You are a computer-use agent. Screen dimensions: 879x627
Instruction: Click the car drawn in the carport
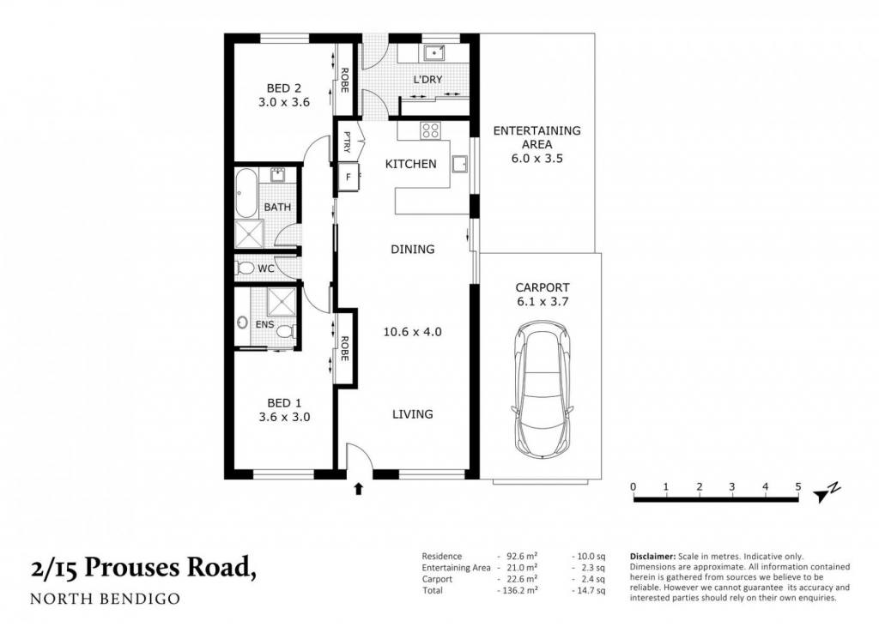[543, 390]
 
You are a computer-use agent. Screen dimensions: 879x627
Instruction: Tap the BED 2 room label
[283, 88]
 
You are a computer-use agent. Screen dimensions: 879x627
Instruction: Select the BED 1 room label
[284, 403]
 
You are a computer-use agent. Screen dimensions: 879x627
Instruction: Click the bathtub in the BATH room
[246, 194]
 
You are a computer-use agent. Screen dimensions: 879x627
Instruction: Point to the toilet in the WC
[246, 269]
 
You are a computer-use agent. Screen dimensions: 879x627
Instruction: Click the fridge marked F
[349, 177]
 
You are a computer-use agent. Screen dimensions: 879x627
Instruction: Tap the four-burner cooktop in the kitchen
[431, 130]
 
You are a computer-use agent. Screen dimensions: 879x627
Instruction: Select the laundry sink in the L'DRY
[433, 52]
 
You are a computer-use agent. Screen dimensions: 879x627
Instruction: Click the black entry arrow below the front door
[358, 489]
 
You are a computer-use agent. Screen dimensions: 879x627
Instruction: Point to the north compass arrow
[827, 492]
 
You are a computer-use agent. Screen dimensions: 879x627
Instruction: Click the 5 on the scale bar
[797, 486]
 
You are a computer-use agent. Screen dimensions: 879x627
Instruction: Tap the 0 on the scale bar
[633, 486]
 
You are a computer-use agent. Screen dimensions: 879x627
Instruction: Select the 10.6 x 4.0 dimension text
[413, 332]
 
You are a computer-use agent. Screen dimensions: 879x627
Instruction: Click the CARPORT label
[543, 287]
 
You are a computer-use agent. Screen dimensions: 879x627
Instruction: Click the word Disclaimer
[652, 557]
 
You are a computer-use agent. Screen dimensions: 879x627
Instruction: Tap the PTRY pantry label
[347, 142]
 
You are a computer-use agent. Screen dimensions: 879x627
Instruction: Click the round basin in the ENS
[242, 323]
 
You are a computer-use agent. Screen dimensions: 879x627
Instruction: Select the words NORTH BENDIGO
[105, 599]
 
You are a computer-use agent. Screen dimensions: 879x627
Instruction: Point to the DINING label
[413, 249]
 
